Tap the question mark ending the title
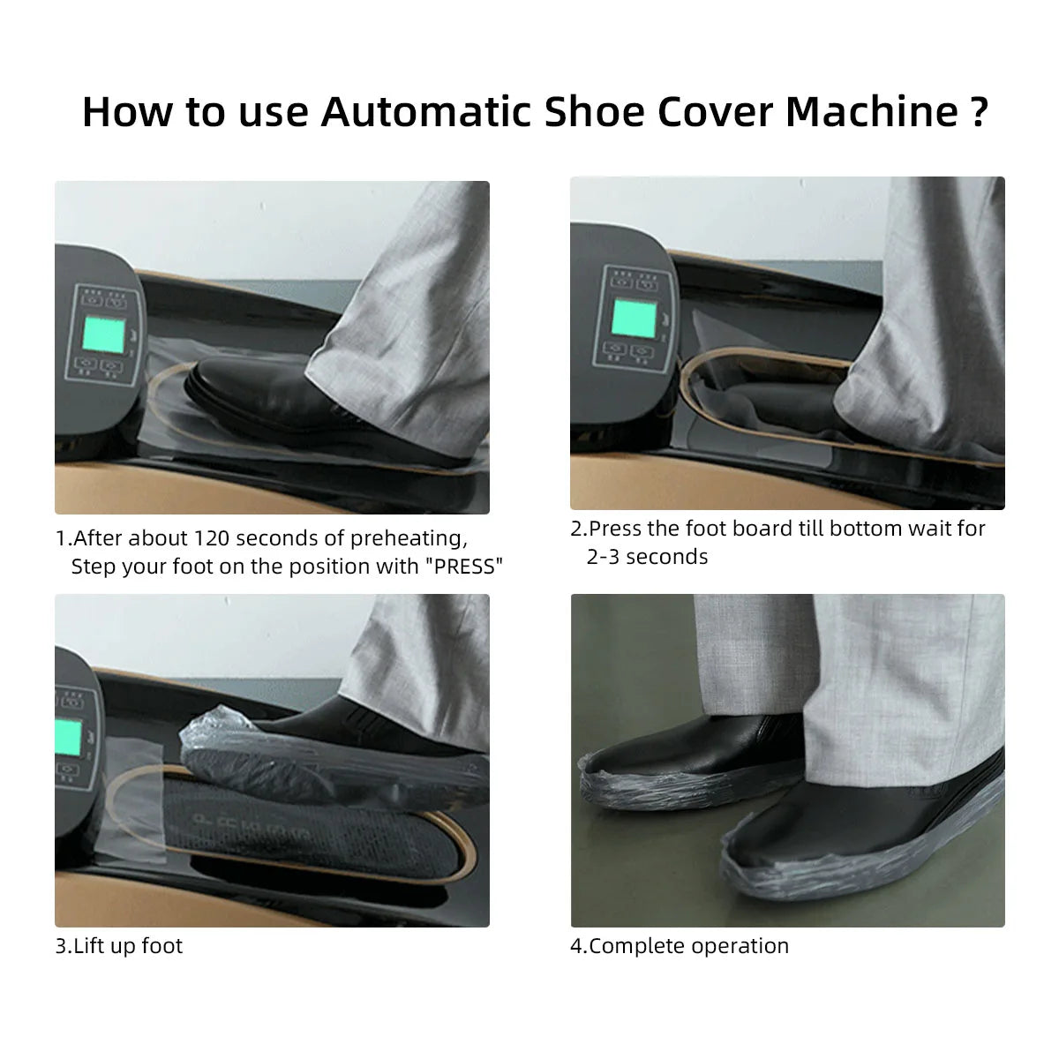click(977, 112)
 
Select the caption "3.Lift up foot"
click(119, 946)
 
